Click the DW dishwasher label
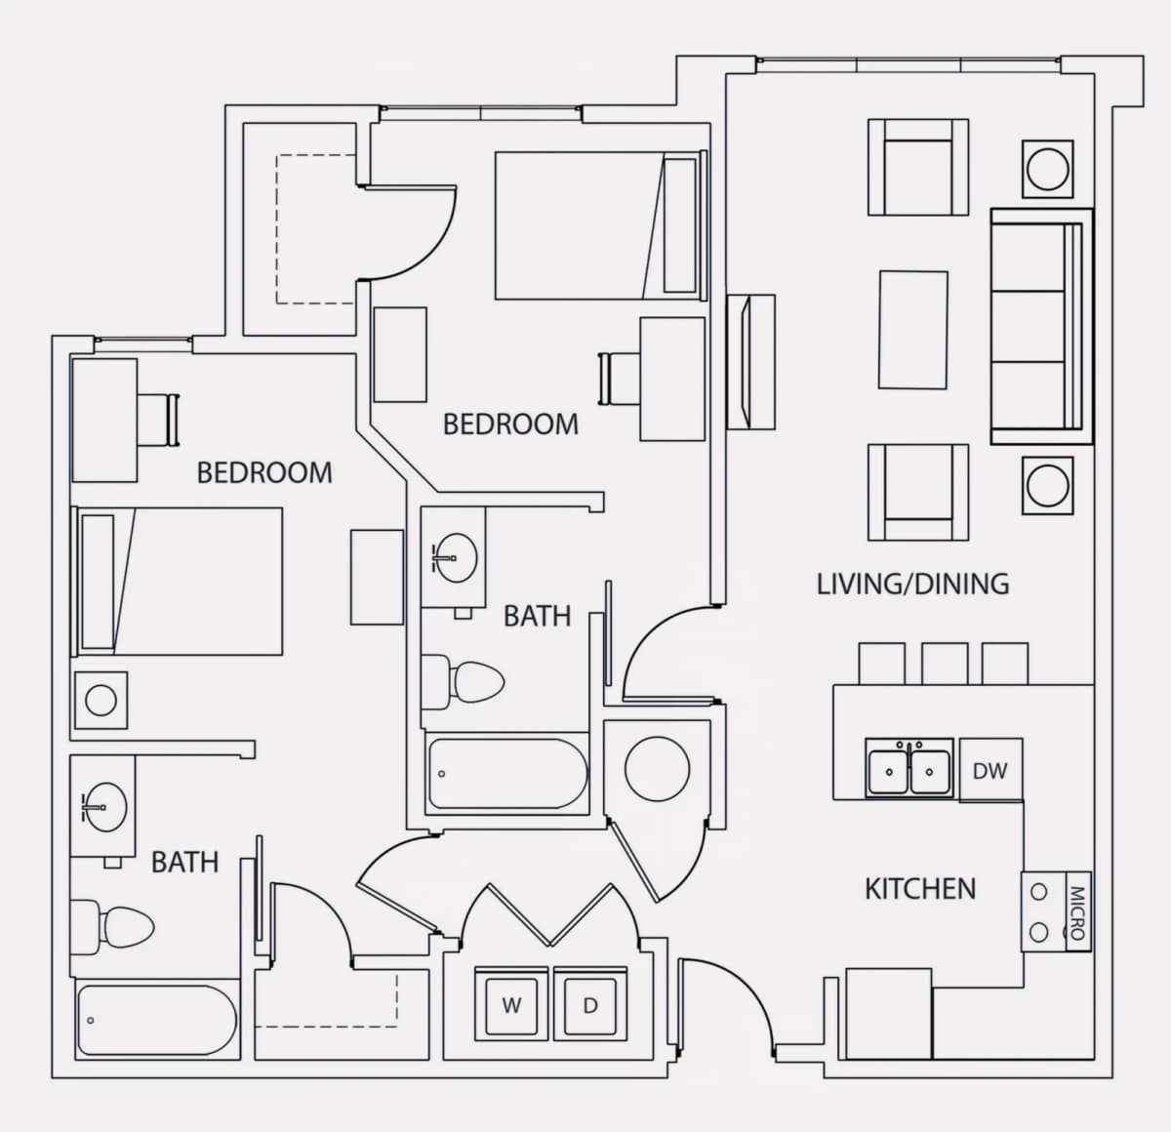coord(989,771)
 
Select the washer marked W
coord(511,1004)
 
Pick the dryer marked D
coord(590,1004)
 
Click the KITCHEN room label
coord(920,889)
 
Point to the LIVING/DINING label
coord(912,585)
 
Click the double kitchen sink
coord(909,769)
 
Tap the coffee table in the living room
coord(912,330)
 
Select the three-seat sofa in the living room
coord(1041,327)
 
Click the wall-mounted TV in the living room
coord(750,362)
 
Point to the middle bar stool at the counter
coord(945,664)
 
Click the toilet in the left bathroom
coord(111,927)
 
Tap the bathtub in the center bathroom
coord(506,774)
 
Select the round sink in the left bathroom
coord(103,807)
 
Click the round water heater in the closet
coord(657,769)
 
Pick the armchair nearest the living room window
coord(917,167)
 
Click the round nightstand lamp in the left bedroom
coord(101,700)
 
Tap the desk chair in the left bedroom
coord(159,420)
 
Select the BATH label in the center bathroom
coord(537,616)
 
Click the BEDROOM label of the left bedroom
coord(264,473)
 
